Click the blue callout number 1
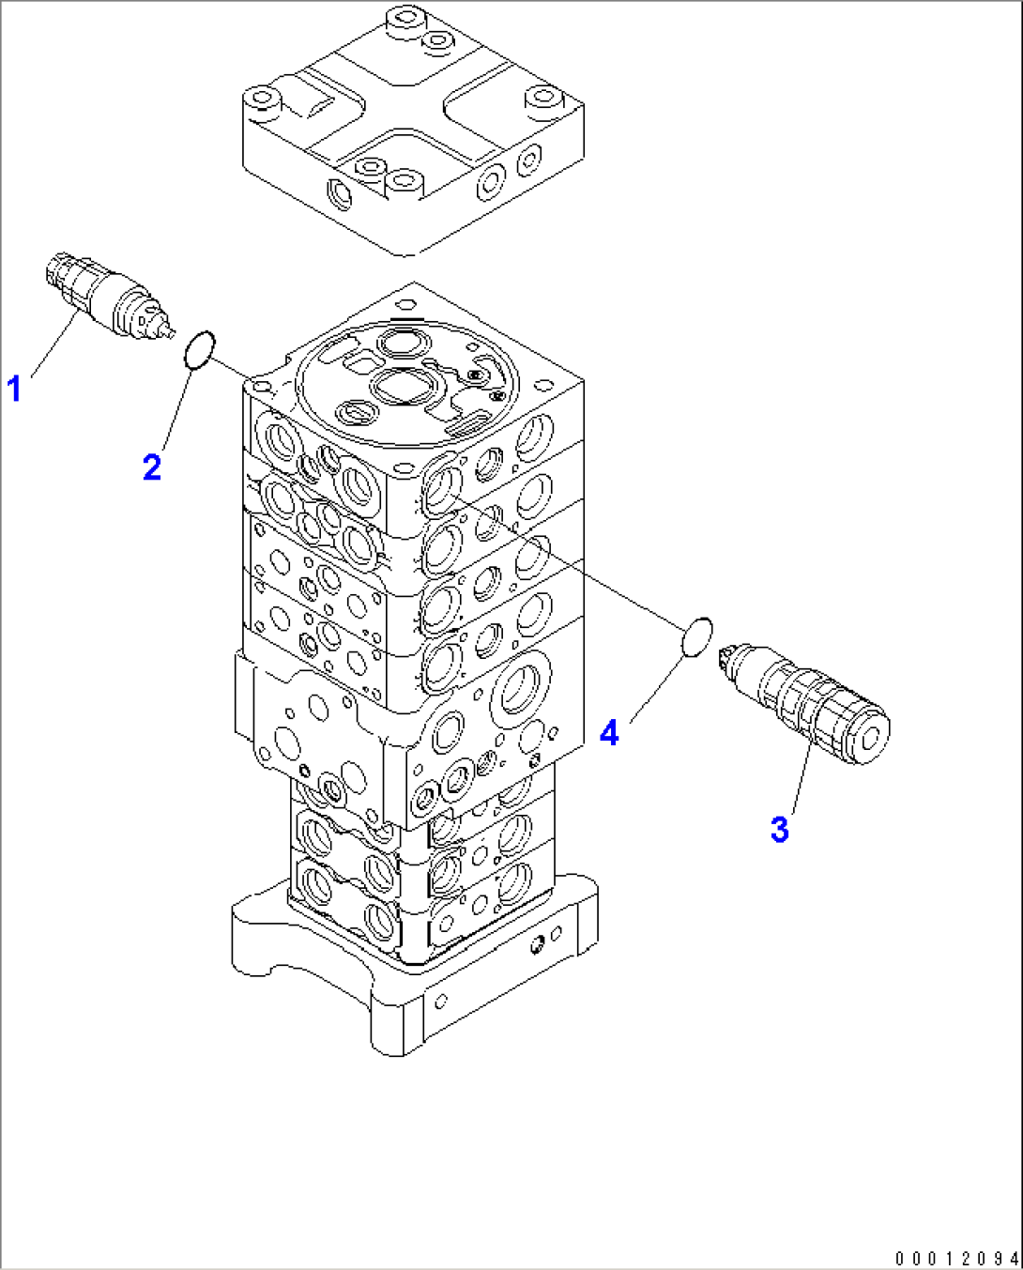coord(14,387)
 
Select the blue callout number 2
coord(152,467)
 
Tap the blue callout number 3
coord(779,830)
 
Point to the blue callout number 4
coord(609,731)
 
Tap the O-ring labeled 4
coord(695,637)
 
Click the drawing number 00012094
coord(955,1258)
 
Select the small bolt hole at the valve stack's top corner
coord(405,304)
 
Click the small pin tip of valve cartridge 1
coord(170,331)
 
